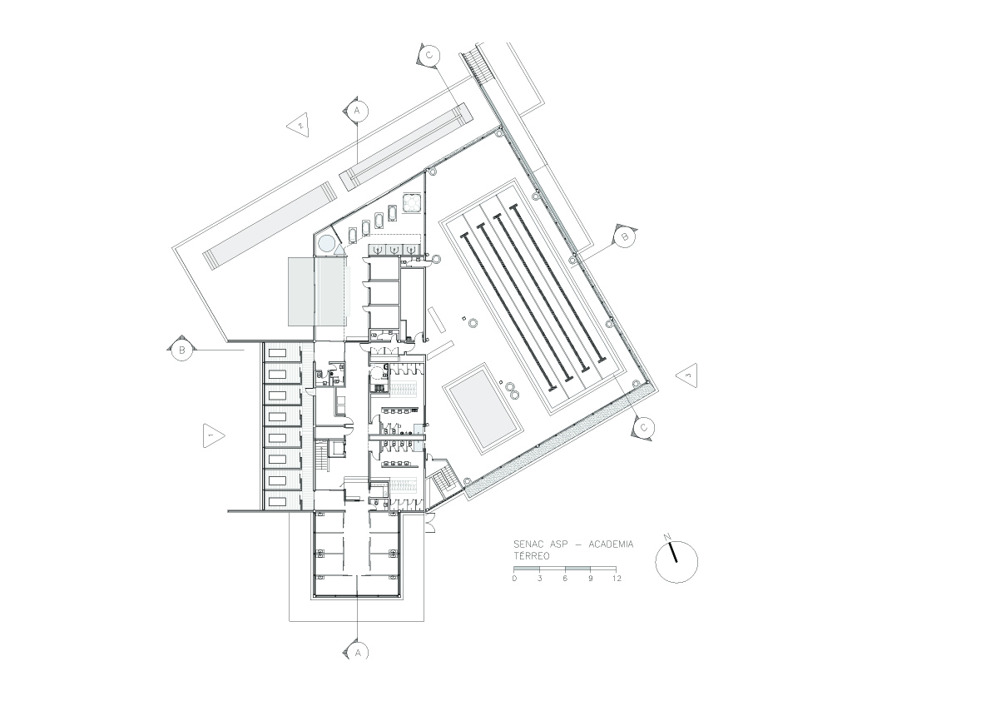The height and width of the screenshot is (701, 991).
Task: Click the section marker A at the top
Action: click(x=356, y=111)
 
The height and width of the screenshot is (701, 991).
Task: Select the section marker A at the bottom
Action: click(x=358, y=653)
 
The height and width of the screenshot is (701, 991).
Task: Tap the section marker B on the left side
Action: click(x=181, y=349)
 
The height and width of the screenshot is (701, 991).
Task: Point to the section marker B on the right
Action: click(x=624, y=237)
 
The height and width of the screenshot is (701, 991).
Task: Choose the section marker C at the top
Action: click(x=429, y=56)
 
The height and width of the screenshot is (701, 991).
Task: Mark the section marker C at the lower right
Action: click(x=643, y=428)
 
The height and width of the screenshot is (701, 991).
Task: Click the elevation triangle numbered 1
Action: click(x=213, y=435)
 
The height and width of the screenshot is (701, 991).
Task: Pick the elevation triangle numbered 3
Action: click(x=687, y=375)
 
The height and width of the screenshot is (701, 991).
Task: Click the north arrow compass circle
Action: click(x=676, y=560)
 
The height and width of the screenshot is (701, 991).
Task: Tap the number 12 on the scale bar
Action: click(x=617, y=579)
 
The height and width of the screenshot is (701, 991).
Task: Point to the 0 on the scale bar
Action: click(x=514, y=579)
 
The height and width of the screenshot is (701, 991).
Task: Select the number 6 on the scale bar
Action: click(x=565, y=579)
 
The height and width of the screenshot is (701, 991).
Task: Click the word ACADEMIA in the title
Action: click(x=611, y=544)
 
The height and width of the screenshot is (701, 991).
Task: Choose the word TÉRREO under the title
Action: click(x=531, y=556)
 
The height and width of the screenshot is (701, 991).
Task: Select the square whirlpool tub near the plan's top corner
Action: click(x=413, y=203)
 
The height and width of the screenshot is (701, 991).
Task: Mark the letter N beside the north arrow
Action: click(x=667, y=538)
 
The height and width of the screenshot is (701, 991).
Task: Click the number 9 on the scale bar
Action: click(x=590, y=579)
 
